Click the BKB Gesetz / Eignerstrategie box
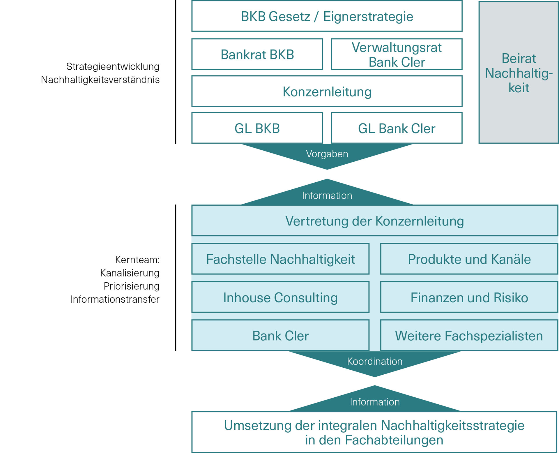(327, 16)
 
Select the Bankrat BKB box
(257, 54)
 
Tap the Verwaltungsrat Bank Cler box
(397, 54)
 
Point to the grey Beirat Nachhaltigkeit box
(519, 73)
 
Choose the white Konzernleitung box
(327, 91)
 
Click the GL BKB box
(257, 128)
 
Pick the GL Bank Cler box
(397, 128)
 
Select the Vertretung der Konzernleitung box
(374, 221)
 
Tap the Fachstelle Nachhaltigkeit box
(280, 259)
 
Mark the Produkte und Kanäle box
(469, 259)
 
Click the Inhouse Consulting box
(280, 297)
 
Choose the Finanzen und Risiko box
(469, 297)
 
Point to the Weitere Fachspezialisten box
(469, 336)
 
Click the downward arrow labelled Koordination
(375, 362)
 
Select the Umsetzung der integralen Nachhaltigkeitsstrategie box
(374, 432)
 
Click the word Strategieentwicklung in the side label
(113, 67)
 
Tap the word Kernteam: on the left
(137, 260)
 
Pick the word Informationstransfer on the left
(115, 299)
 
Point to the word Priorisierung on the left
(131, 286)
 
